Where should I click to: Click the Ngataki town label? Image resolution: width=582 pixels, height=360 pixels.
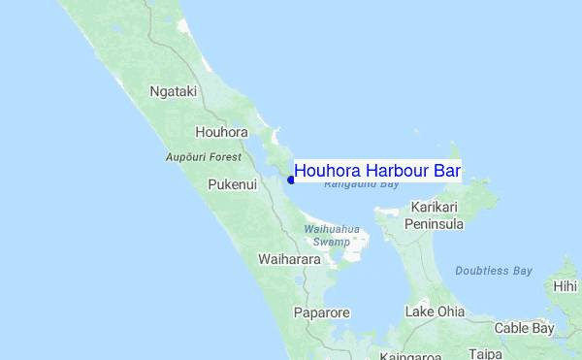click(174, 92)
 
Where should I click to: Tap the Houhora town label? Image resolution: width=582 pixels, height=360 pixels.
click(221, 132)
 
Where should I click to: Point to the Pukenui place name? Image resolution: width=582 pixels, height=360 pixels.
click(233, 184)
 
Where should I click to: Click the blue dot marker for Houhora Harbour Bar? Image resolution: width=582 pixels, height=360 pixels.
click(291, 179)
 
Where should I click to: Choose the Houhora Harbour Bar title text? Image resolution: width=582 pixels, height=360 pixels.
click(376, 171)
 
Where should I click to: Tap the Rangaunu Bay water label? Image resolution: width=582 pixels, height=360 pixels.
click(361, 184)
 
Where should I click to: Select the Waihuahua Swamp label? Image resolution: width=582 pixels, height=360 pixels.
click(332, 235)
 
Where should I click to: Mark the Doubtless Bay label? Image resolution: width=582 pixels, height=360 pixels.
click(493, 271)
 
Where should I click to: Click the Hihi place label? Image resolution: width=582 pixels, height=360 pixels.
click(566, 286)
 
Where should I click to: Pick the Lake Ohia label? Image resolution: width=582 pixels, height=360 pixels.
click(435, 311)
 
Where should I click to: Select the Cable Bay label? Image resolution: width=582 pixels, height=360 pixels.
click(524, 329)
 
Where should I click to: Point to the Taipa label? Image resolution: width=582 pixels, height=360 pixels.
click(485, 355)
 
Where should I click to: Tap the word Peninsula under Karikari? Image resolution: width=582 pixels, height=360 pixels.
click(436, 224)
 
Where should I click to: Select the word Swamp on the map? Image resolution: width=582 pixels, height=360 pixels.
click(332, 242)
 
